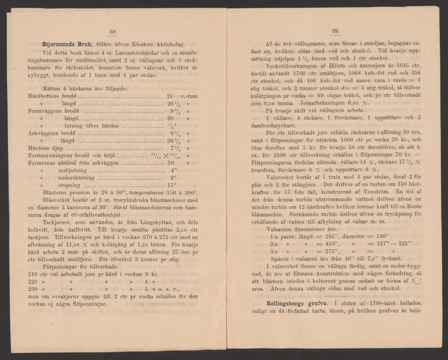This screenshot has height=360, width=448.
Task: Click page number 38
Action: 113,32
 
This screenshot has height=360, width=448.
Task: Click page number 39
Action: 335,31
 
